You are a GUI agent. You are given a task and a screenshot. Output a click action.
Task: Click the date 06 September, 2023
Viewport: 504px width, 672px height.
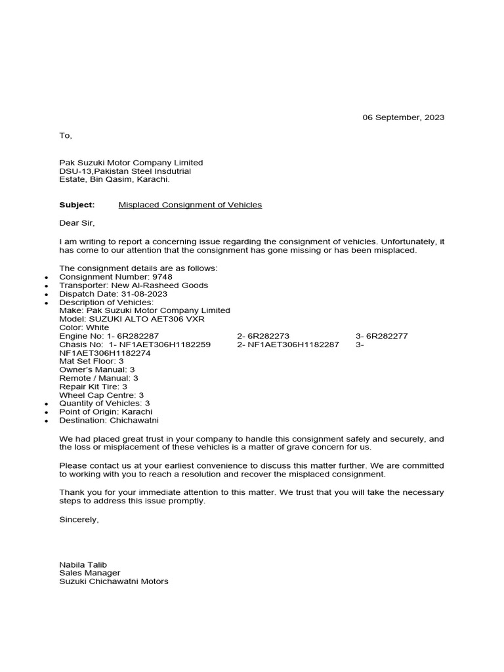[x=404, y=117]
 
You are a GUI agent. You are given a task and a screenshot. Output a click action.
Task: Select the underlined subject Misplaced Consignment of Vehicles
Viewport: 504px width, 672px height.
[x=190, y=205]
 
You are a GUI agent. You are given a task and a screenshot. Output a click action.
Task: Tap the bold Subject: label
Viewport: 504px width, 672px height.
[x=77, y=205]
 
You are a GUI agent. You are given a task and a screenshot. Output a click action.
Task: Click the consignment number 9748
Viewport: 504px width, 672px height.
[x=163, y=277]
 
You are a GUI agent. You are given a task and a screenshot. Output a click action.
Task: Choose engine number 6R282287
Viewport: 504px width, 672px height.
[x=138, y=336]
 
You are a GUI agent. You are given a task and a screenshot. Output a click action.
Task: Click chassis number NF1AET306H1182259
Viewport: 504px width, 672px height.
[x=165, y=345]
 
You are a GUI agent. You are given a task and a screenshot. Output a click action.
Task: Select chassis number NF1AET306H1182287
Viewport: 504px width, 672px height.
[x=293, y=345]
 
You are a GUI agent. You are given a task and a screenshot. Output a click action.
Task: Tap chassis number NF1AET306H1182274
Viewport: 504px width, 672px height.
[x=105, y=353]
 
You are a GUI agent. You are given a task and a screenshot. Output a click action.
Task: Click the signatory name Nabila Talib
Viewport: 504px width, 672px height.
[x=83, y=564]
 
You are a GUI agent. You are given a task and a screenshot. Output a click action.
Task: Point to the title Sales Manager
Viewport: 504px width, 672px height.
[x=90, y=572]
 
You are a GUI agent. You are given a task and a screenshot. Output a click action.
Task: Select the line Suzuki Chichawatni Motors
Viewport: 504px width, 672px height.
[x=114, y=581]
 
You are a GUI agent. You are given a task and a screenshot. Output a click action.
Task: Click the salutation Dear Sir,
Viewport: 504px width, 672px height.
[x=77, y=223]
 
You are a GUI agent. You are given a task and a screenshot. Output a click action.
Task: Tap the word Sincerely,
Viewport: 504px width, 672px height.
[x=79, y=519]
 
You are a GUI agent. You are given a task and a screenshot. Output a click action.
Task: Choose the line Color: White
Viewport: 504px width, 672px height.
[x=84, y=327]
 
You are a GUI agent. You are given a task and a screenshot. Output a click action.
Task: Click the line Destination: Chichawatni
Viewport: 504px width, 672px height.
[x=109, y=420]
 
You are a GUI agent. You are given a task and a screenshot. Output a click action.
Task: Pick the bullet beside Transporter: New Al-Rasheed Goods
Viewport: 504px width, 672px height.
[x=45, y=286]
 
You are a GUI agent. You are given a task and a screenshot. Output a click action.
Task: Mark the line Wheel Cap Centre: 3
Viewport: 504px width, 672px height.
[x=101, y=395]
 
